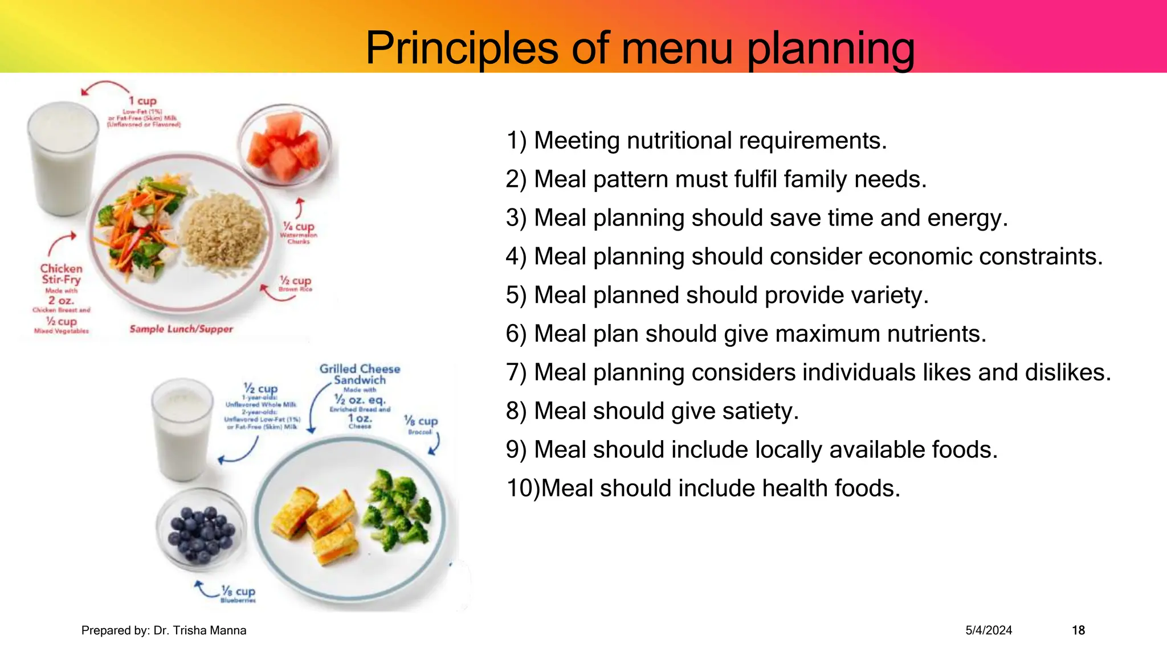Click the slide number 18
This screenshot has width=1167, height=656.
(x=1078, y=630)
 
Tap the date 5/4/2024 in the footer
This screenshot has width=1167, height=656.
(x=989, y=630)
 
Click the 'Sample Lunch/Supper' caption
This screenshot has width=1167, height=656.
(x=181, y=329)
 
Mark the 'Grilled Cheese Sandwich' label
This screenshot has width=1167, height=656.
(x=360, y=374)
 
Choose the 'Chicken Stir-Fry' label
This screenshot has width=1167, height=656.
(x=61, y=274)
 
